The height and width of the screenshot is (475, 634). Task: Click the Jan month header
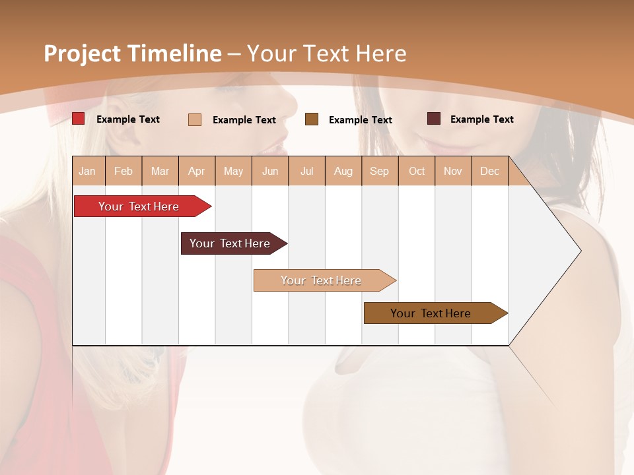(87, 171)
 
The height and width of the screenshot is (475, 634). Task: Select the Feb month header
(123, 171)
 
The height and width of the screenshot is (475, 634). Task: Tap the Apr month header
(197, 171)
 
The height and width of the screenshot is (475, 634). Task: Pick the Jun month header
(270, 171)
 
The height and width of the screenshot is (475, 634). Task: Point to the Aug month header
(343, 171)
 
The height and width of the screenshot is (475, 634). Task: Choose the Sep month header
(380, 171)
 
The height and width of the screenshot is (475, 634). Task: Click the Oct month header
(417, 171)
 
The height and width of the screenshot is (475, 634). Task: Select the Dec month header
(490, 171)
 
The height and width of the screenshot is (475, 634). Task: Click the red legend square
(79, 119)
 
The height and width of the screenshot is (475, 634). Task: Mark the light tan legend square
(195, 119)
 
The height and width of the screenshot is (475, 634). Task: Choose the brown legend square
(312, 119)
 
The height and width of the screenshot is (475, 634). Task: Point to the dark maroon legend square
(434, 119)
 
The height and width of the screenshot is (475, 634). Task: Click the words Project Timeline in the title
(132, 53)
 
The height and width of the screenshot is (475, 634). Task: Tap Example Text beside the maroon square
(481, 119)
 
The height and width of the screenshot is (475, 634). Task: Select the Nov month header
(453, 171)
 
